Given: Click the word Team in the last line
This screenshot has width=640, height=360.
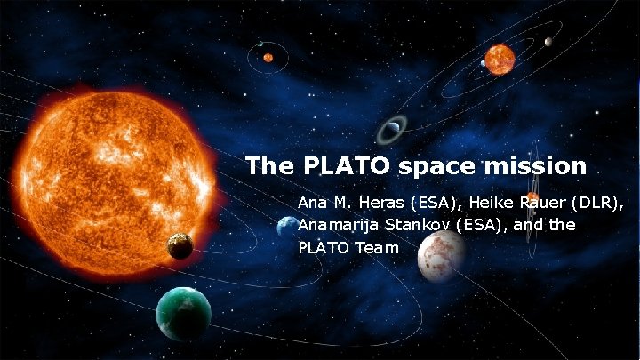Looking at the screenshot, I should tap(380, 248).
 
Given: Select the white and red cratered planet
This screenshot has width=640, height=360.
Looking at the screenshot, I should tap(441, 255).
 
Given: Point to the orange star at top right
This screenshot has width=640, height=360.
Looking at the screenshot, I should tap(500, 60).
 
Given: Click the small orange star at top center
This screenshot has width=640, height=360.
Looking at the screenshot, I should tap(268, 58).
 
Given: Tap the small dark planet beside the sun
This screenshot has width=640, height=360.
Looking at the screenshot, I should tap(180, 245).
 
